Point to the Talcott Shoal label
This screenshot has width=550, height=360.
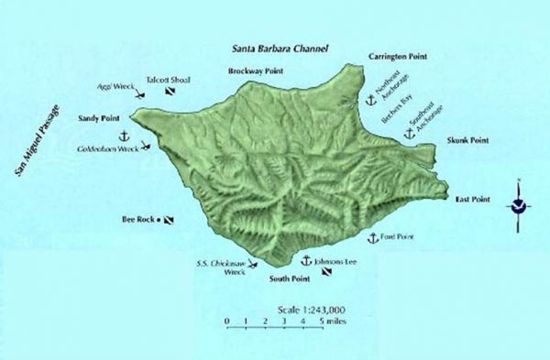coord(168,80)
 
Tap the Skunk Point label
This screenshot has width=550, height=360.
coord(467,140)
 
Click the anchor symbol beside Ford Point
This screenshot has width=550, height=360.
coord(372,238)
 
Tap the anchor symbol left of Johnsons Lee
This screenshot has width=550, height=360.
coord(307,261)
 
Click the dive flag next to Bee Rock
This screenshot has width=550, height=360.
coord(169,220)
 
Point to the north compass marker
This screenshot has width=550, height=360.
coord(518,204)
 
